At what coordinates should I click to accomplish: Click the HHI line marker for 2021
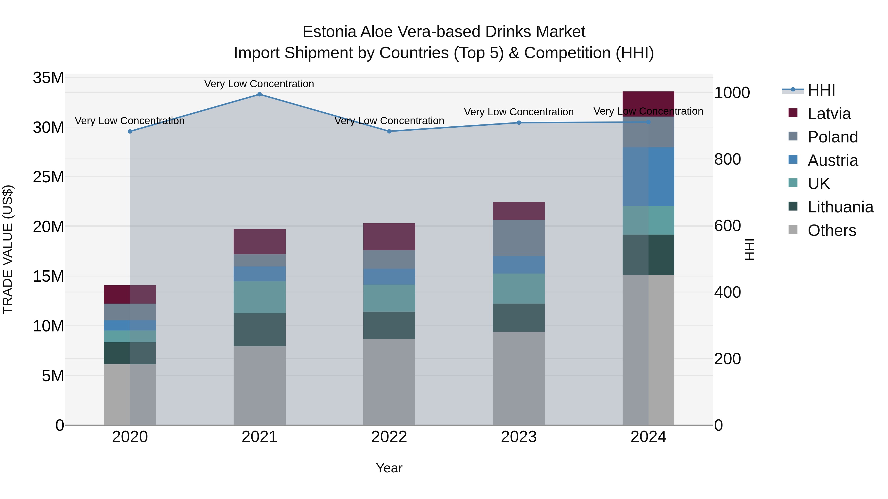pos(259,94)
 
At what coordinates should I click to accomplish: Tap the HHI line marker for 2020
pos(130,132)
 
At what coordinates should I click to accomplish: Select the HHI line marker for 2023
pos(519,123)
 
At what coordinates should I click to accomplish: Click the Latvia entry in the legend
pos(829,114)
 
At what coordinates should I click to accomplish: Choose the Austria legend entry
pos(832,160)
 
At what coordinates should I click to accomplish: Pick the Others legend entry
pos(832,230)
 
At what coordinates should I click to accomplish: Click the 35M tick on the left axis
pos(48,78)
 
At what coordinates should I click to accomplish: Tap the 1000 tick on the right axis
pos(732,93)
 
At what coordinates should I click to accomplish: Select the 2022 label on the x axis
pos(389,437)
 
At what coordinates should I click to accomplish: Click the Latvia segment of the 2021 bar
pos(259,242)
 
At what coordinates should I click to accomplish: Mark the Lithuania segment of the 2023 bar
pos(519,318)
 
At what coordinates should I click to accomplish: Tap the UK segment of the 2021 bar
pos(259,297)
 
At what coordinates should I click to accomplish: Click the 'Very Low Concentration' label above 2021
pos(259,84)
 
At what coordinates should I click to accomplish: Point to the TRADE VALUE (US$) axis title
pos(8,249)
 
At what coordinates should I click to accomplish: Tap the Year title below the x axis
pos(389,468)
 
